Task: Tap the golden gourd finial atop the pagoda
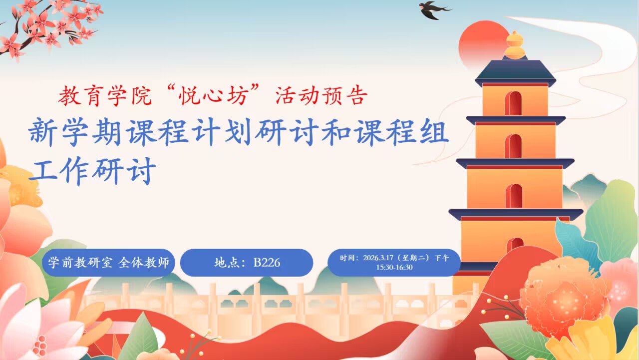coord(515,45)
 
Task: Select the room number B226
coord(267,263)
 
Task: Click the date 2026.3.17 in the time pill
coord(378,258)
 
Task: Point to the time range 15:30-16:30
coord(394,268)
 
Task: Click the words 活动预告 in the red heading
coord(321,95)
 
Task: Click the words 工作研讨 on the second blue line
coord(93,171)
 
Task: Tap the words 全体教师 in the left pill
coord(144,263)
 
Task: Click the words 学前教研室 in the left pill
coord(80,263)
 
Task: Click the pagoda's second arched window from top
coord(513,146)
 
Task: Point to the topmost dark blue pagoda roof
coord(515,72)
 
